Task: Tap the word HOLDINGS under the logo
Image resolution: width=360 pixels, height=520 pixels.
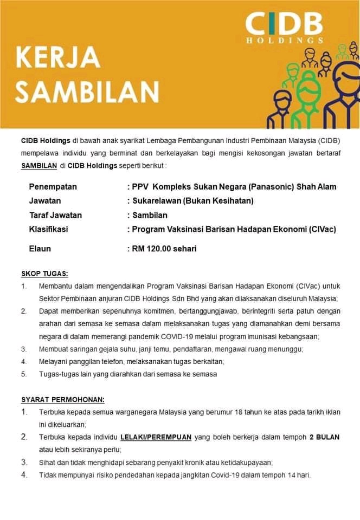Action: (x=285, y=41)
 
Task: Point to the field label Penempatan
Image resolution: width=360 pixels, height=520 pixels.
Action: (x=53, y=187)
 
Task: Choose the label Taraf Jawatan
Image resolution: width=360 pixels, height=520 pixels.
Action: (x=55, y=215)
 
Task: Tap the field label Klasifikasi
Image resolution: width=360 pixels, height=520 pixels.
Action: (x=48, y=229)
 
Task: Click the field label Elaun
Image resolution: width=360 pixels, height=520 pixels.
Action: (x=40, y=249)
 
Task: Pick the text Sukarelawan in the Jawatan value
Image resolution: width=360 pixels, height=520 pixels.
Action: (x=157, y=201)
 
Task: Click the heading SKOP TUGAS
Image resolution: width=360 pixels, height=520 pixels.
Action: (x=44, y=274)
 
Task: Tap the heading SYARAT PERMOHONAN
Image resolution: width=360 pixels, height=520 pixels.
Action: (x=62, y=400)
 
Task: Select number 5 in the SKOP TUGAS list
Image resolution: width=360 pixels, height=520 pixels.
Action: (x=23, y=374)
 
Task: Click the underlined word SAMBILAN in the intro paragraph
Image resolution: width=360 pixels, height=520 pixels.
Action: (x=38, y=165)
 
